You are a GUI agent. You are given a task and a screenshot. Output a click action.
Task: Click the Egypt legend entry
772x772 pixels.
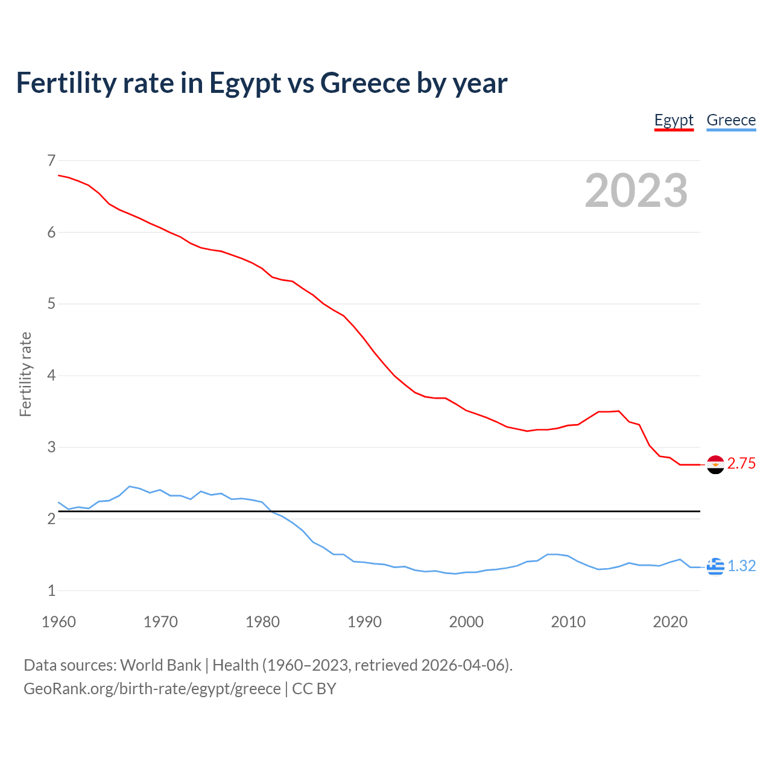[x=674, y=120]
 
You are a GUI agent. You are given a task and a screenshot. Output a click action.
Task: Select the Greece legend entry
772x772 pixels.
[x=731, y=120]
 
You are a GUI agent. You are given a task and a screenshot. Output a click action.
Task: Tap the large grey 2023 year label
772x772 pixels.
[x=636, y=191]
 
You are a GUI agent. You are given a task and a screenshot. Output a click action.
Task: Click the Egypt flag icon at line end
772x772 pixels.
[x=715, y=464]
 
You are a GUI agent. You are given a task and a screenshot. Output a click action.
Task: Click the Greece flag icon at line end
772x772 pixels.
[x=715, y=566]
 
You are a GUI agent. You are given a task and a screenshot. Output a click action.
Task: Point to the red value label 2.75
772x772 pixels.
[x=741, y=464]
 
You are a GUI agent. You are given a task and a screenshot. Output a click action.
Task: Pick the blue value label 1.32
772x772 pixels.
[x=741, y=566]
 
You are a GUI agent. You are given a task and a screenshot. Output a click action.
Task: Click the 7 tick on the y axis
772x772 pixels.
[x=51, y=160]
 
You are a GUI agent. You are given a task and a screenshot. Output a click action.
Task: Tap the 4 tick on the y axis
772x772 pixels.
[x=51, y=376]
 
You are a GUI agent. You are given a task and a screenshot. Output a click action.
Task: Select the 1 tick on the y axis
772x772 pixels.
[x=51, y=591]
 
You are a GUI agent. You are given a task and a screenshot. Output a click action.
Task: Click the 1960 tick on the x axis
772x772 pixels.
[x=59, y=622]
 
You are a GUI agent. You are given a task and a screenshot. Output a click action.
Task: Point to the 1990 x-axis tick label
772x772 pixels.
[x=364, y=622]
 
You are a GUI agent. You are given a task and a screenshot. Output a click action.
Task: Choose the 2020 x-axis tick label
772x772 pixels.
[x=670, y=622]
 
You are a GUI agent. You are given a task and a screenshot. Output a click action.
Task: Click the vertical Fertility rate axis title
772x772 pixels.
[x=25, y=375]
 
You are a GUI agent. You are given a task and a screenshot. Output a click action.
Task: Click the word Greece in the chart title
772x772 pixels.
[x=365, y=83]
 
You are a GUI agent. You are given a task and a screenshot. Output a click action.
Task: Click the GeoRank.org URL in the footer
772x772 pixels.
[x=152, y=689]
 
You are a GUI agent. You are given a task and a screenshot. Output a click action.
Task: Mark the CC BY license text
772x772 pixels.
[x=314, y=689]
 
